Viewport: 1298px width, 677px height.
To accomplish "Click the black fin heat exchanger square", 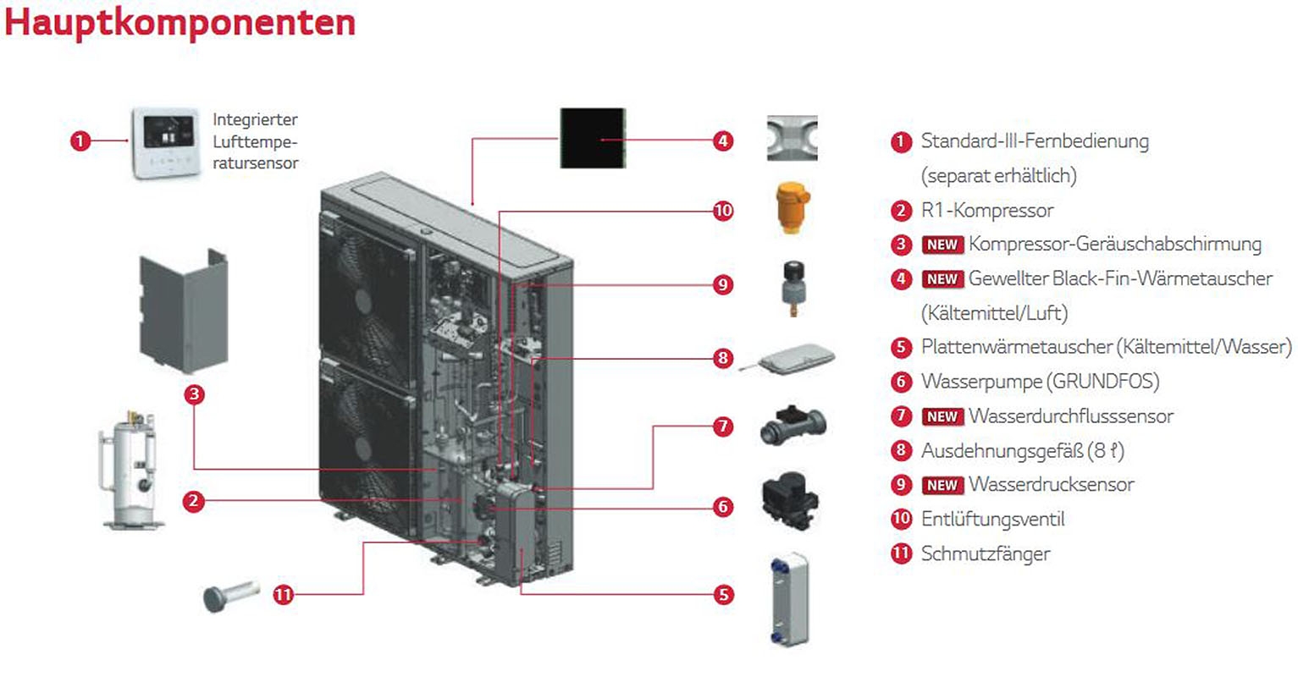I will [x=593, y=138].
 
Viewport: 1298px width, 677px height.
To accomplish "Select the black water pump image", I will [x=791, y=505].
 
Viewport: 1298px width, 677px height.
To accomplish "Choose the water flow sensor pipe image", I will [x=793, y=426].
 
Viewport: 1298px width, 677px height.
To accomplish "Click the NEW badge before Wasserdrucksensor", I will [x=942, y=485].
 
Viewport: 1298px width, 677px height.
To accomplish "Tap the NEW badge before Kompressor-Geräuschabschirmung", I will [x=942, y=245].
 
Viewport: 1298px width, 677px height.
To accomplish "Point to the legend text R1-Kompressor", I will [x=987, y=210].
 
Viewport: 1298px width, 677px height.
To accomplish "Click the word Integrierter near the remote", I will [x=255, y=120].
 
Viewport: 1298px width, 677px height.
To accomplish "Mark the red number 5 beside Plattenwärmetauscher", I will [x=901, y=347].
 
